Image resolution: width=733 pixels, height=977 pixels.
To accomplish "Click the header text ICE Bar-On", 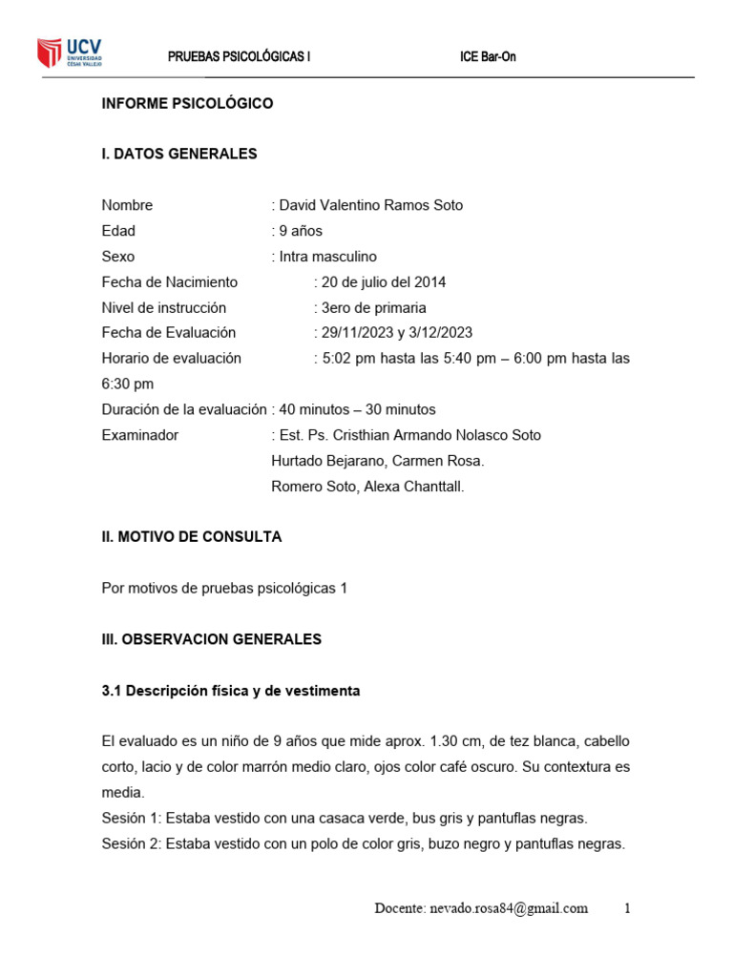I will pyautogui.click(x=488, y=56).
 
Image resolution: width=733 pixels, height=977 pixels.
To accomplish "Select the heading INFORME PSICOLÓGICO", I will pyautogui.click(x=187, y=103).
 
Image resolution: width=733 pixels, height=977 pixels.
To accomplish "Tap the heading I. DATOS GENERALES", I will pyautogui.click(x=179, y=154).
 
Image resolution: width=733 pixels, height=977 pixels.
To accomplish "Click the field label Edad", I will pyautogui.click(x=118, y=231).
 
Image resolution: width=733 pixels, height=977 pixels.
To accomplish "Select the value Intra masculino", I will pyautogui.click(x=327, y=257).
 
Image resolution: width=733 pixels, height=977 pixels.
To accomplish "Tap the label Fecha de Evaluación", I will pyautogui.click(x=168, y=333).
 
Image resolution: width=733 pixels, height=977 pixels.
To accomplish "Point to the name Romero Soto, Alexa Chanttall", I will pyautogui.click(x=367, y=487).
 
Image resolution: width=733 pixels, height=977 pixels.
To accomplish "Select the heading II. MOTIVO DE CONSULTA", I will pyautogui.click(x=192, y=537).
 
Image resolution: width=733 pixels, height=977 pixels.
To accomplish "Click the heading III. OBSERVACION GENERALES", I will pyautogui.click(x=212, y=639).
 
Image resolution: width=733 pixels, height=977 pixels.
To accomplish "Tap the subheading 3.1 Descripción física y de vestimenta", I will pyautogui.click(x=231, y=691).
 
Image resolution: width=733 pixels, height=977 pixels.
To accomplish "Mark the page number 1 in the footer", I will pyautogui.click(x=627, y=908).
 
